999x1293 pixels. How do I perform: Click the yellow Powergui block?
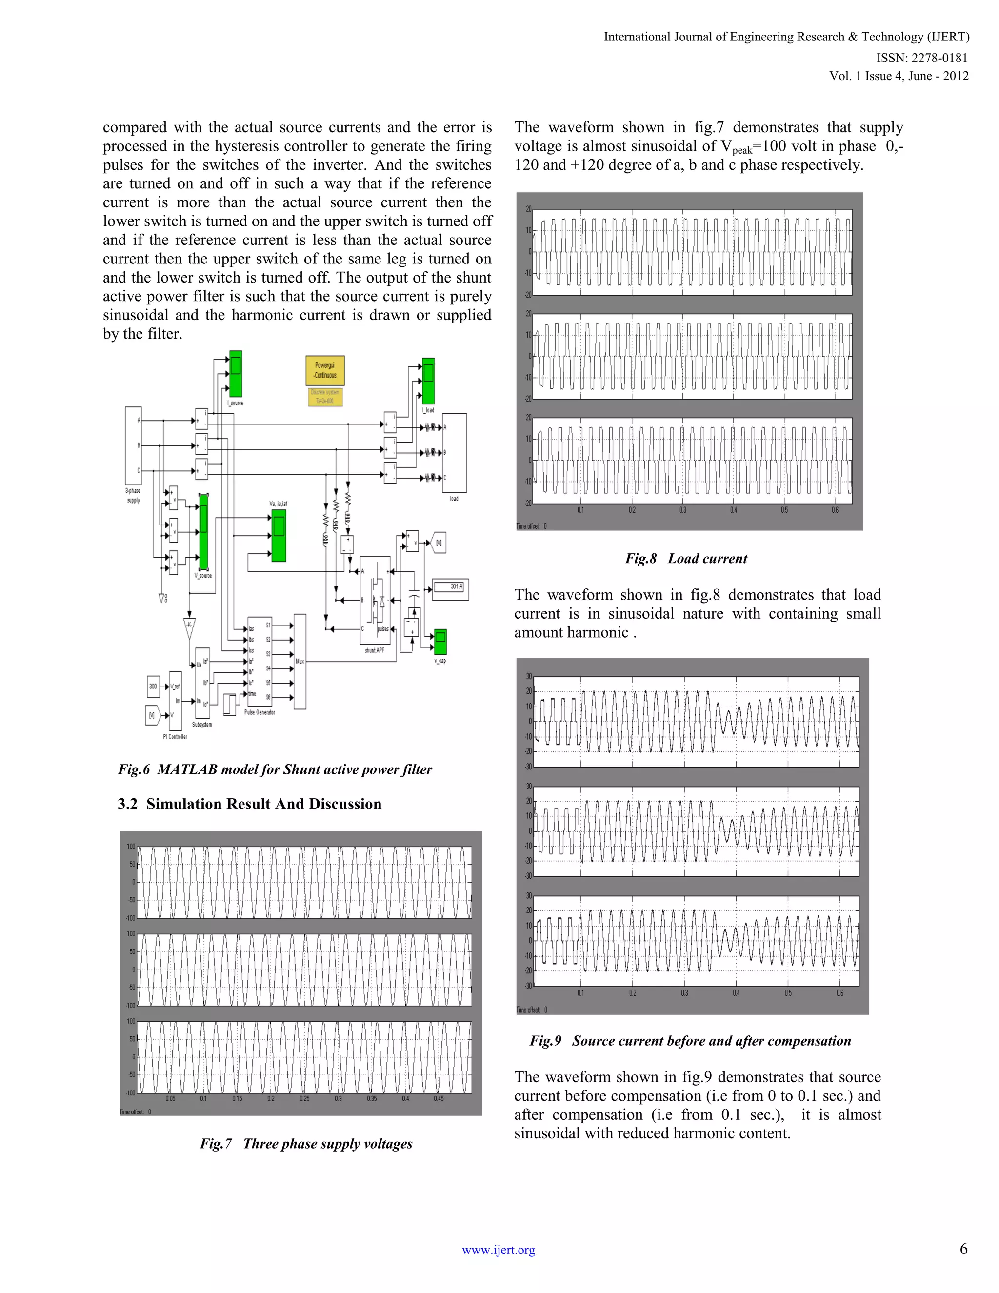point(325,371)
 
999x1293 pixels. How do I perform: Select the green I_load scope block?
point(428,381)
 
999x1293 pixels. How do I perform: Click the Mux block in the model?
point(300,661)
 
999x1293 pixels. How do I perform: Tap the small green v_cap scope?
point(440,642)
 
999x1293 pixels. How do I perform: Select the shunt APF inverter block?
point(375,600)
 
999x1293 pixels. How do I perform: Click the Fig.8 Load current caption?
point(686,558)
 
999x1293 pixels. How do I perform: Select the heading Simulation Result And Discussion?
point(249,804)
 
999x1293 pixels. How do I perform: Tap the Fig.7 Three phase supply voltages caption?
point(306,1143)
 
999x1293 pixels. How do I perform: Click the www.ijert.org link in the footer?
point(499,1250)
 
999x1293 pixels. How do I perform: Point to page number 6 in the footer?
point(963,1249)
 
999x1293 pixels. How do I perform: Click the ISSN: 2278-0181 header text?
point(921,58)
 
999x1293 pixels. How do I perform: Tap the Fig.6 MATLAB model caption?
point(275,769)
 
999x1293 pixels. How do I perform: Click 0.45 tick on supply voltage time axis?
point(439,1099)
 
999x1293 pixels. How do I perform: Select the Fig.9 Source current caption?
point(690,1041)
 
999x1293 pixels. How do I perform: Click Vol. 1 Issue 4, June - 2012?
point(899,76)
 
